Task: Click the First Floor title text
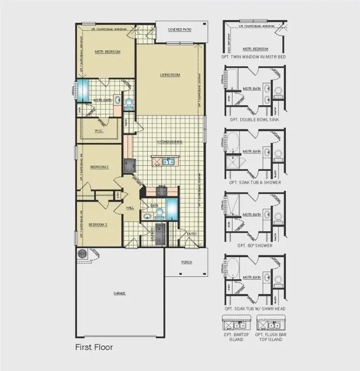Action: tap(94, 347)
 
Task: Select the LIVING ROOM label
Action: tap(170, 75)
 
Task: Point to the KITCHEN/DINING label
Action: tap(169, 142)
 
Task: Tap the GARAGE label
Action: tap(119, 293)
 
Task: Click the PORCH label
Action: tap(187, 262)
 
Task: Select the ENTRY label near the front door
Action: tap(192, 234)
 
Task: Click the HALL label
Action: tap(130, 208)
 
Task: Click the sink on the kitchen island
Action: tap(168, 162)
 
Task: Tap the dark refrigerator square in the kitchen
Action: tap(129, 166)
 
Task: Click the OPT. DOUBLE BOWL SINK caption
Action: tap(255, 119)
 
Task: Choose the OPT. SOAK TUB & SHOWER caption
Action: tap(255, 183)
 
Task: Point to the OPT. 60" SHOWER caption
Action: tap(255, 245)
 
